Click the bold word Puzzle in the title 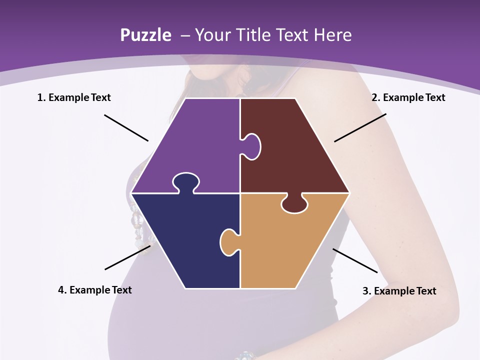145,35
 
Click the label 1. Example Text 74,97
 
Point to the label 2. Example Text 408,97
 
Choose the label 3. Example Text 399,291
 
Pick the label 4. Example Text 95,290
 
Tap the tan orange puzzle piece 290,245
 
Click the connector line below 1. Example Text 126,128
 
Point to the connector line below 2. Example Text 360,127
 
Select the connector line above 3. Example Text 355,260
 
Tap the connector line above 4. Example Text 127,257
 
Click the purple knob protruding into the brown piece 252,146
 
